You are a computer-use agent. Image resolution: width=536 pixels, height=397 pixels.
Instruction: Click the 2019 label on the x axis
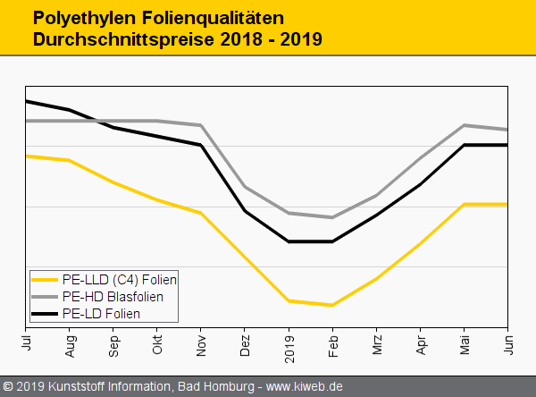tap(289, 344)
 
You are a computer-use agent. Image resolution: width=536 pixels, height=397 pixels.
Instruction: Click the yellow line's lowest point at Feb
tap(332, 305)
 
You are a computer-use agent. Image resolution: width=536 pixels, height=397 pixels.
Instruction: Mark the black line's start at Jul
tap(27, 101)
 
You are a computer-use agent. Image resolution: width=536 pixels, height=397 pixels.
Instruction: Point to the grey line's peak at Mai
tap(464, 125)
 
